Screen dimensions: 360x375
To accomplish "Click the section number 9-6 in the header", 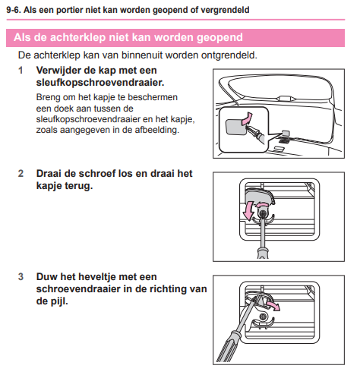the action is (x=14, y=10).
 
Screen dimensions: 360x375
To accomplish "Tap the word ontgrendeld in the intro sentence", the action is (x=229, y=55).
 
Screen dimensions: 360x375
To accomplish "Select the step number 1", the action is (x=21, y=71).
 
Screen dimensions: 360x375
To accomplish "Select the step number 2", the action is (x=21, y=174).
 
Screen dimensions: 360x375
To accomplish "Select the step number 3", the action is (x=21, y=277).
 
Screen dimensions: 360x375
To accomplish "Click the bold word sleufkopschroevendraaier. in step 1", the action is (x=100, y=83).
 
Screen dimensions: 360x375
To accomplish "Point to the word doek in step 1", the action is (x=65, y=109).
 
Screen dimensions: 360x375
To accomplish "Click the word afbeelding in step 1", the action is (x=156, y=130).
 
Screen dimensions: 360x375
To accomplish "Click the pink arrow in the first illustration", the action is (x=247, y=118).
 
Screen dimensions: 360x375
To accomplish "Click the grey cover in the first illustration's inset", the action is (x=235, y=127).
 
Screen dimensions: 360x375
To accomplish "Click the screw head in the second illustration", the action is (x=263, y=213).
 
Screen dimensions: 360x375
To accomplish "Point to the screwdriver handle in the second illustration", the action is (x=263, y=253).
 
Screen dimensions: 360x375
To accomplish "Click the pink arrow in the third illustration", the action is (x=273, y=305).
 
